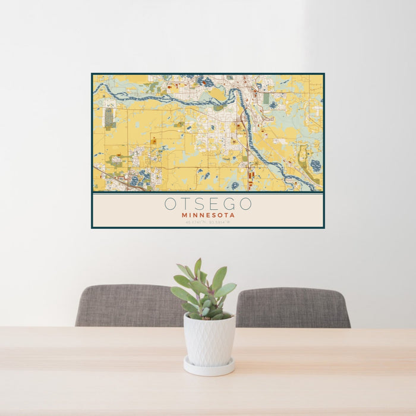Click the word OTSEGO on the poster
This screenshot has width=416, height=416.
208,204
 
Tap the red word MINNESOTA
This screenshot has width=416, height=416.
208,215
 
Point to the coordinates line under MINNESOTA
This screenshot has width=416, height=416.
208,222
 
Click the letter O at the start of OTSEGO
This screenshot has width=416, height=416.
171,204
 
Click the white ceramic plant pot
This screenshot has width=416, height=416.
209,339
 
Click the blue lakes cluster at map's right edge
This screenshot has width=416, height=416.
315,165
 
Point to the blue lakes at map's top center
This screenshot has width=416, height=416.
205,81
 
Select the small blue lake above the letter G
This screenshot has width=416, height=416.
235,185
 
